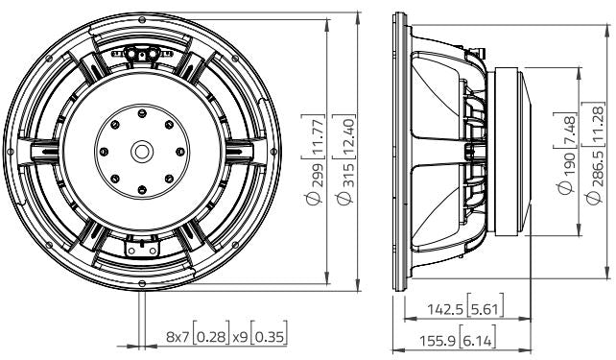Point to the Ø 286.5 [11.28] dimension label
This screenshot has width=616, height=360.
click(597, 154)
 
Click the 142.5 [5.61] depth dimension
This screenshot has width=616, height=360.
click(464, 309)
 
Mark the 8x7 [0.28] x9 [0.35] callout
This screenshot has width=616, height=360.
click(225, 337)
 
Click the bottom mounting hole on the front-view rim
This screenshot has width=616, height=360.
click(142, 285)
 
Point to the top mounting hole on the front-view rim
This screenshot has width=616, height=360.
click(142, 16)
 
